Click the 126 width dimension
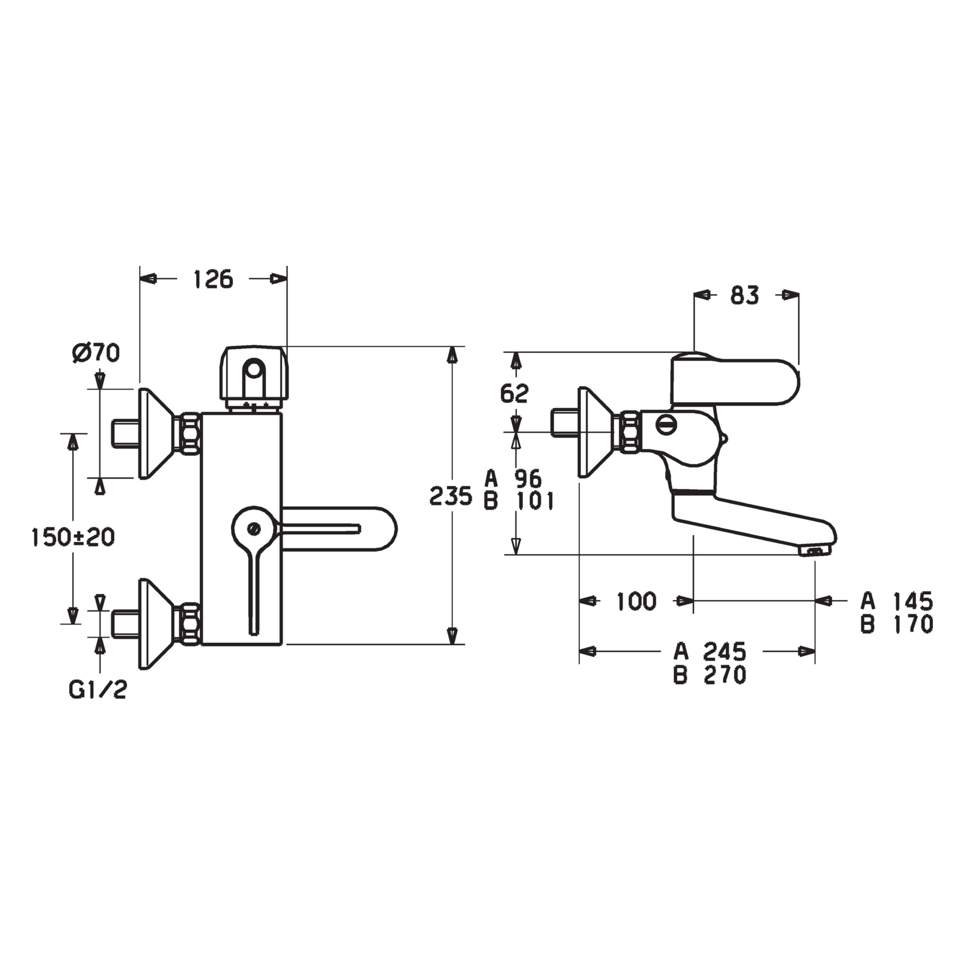coord(214,279)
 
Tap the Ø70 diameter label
coord(95,353)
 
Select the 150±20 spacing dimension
coord(73,537)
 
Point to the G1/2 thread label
coord(98,690)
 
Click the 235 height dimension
coord(451,496)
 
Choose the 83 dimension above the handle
coord(745,296)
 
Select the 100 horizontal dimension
coord(636,601)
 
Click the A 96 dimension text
coord(513,479)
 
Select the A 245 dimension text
coord(710,652)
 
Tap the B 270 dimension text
coord(710,674)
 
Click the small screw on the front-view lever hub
coord(254,528)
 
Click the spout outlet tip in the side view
coord(815,552)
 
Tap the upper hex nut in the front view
coord(190,434)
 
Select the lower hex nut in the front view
coord(190,624)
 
